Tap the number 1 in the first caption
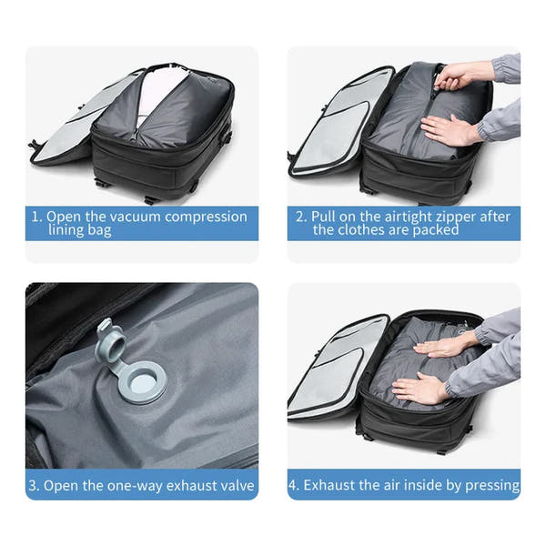[x=36, y=217]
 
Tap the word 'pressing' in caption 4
[x=492, y=483]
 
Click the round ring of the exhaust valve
[x=142, y=382]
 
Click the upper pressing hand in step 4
[x=445, y=345]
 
